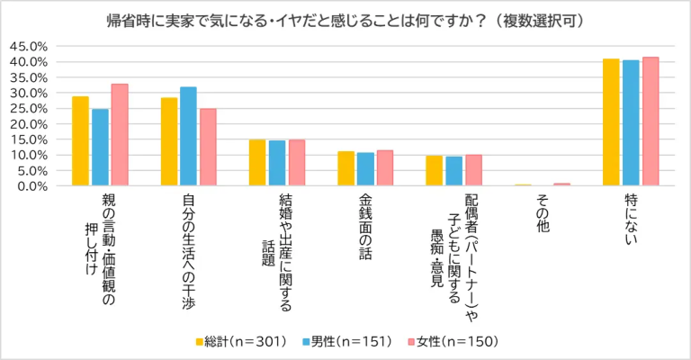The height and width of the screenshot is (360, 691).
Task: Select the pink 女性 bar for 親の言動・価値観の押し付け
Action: coord(120,135)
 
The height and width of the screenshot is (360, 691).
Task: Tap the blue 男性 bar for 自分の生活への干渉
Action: coord(188,137)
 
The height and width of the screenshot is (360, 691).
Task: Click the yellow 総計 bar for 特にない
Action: coord(611,122)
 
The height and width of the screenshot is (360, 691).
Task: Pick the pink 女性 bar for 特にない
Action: coord(651,121)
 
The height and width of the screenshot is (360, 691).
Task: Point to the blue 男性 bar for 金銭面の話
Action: coord(365,169)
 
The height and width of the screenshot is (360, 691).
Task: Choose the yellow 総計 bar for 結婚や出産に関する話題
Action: coord(257,163)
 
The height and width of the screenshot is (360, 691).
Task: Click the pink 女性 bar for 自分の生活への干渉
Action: coord(208,148)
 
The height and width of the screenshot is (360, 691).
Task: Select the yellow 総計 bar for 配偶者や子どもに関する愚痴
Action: coord(435,171)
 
